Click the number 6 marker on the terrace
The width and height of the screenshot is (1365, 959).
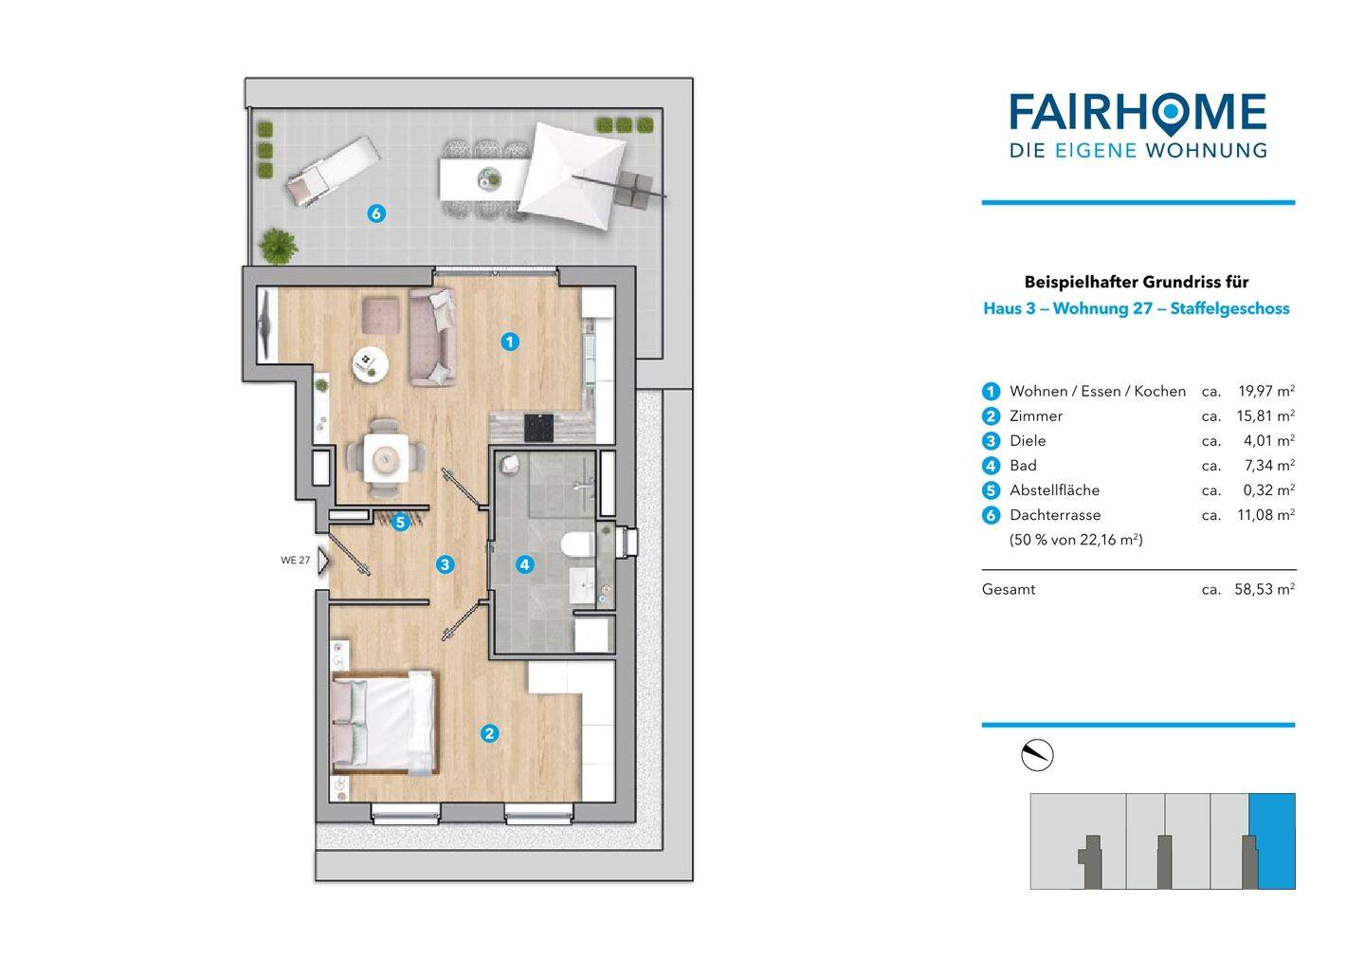pos(376,213)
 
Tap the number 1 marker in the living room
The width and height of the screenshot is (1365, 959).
pos(510,342)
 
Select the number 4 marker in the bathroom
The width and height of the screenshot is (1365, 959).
pos(525,564)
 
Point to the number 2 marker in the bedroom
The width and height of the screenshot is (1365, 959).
pos(489,733)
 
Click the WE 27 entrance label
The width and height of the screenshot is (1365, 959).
pos(296,561)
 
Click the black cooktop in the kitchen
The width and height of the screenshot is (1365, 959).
pos(539,428)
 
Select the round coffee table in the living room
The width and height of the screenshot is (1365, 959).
pos(370,364)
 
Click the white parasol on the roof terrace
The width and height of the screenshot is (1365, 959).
pos(573,175)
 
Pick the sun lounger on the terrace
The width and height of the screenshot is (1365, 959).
pos(333,172)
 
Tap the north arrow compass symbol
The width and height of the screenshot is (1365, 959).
pos(1037,755)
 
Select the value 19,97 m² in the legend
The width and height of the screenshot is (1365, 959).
pos(1266,391)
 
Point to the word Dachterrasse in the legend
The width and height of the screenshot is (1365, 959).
pos(1055,515)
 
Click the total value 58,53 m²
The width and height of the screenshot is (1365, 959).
pos(1265,590)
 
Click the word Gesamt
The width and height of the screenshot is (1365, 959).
pos(1009,590)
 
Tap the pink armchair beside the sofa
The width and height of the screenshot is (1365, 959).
pos(381,315)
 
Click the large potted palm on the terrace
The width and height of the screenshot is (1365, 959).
pos(279,247)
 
